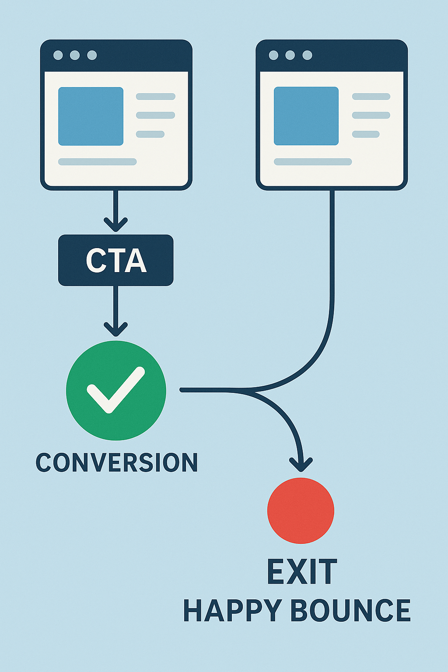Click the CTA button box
tap(115, 260)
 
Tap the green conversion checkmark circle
tap(116, 390)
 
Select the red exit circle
tap(301, 511)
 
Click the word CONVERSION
tap(116, 462)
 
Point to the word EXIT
tap(302, 572)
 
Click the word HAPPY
tap(232, 611)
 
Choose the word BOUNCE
tap(350, 611)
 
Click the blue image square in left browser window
tap(91, 116)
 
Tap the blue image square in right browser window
tap(306, 116)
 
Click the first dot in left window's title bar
tap(58, 55)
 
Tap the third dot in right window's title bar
tap(308, 55)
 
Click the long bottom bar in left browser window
tap(97, 162)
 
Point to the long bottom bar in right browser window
tap(313, 162)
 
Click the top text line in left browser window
tap(155, 97)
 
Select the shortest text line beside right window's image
tap(366, 134)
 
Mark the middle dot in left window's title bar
tap(75, 55)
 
